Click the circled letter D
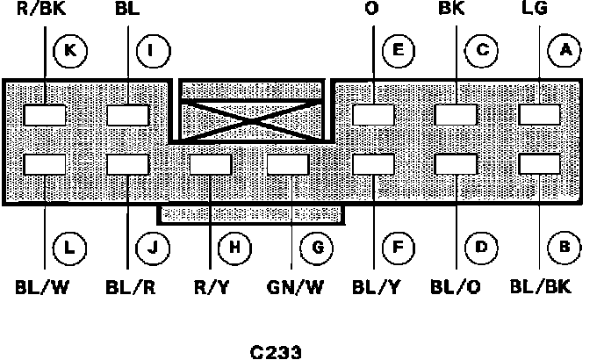pos(480,247)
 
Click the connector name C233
pos(276,352)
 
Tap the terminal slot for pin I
pos(127,115)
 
